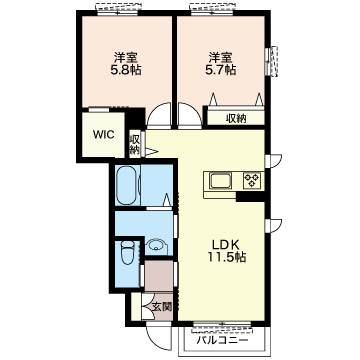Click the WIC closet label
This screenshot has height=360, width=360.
[x=103, y=135]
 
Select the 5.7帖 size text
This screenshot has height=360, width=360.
[x=220, y=70]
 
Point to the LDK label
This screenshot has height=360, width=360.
[x=226, y=245]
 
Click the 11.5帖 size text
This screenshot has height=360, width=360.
[x=227, y=257]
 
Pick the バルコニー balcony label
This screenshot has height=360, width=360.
[x=222, y=341]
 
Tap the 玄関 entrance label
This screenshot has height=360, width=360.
[x=162, y=307]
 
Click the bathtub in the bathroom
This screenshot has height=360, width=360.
[x=127, y=185]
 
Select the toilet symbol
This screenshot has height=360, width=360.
[x=127, y=252]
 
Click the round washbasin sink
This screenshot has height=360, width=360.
[x=155, y=246]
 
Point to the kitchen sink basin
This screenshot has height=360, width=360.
[x=220, y=181]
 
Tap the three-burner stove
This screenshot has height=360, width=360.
[x=252, y=181]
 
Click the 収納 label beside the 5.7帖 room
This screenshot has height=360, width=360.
[x=236, y=118]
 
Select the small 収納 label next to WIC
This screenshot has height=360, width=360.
[x=134, y=144]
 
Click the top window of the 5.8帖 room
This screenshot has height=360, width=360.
[x=117, y=11]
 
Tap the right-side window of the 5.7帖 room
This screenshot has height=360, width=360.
[x=273, y=61]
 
